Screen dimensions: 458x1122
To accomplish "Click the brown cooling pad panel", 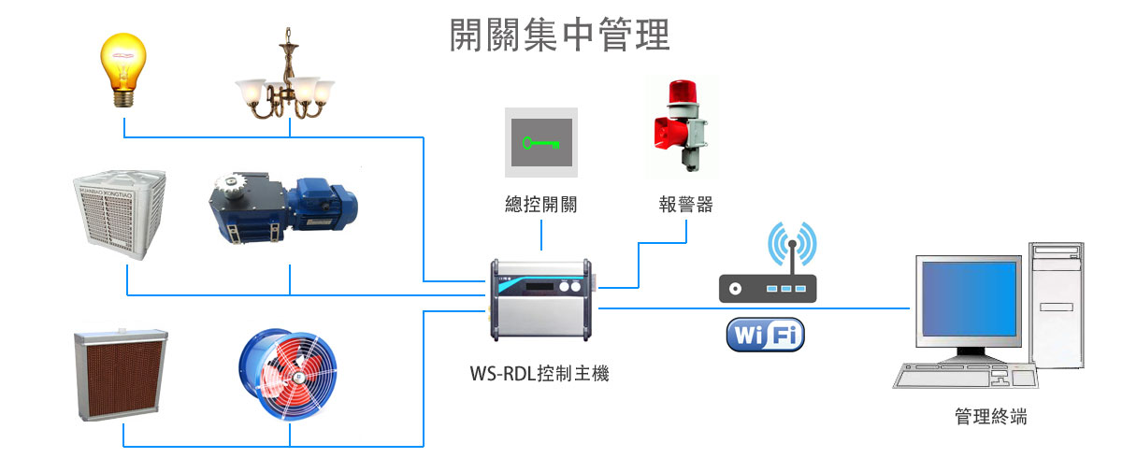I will (x=121, y=373).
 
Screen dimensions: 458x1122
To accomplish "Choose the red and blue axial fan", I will (x=289, y=373).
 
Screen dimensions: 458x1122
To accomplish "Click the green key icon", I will (x=541, y=143).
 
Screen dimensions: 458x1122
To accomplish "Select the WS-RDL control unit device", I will (x=540, y=299).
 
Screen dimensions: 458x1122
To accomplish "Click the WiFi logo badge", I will (x=766, y=335).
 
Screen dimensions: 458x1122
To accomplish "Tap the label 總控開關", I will (x=540, y=205).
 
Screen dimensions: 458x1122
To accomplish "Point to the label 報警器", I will (x=685, y=205).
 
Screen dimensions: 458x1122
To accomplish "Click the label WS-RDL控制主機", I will (x=539, y=375).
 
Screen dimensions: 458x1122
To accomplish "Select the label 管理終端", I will (x=991, y=417).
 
